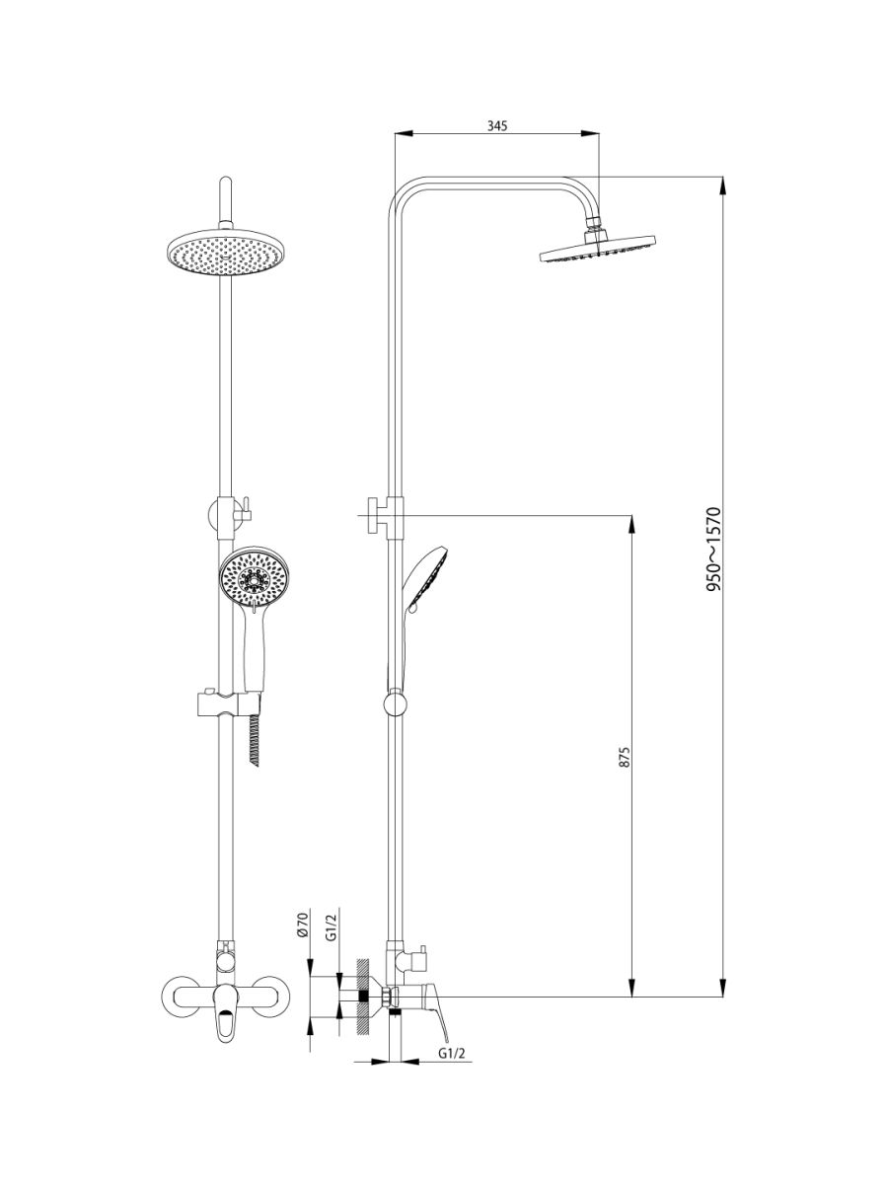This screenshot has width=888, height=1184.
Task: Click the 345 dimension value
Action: pyautogui.click(x=497, y=126)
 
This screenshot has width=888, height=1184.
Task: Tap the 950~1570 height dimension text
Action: pyautogui.click(x=713, y=550)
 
